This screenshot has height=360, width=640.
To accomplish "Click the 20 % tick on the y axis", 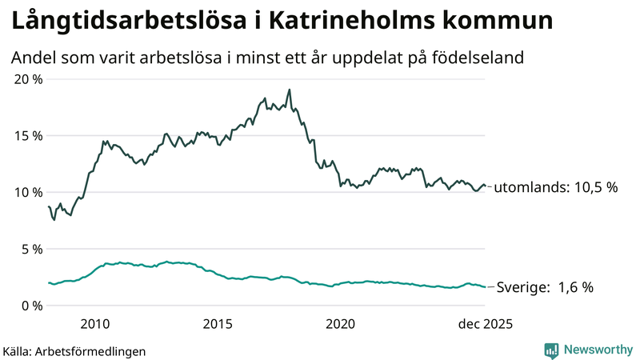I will tap(28, 79).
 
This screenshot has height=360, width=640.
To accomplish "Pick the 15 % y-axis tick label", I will tap(28, 135).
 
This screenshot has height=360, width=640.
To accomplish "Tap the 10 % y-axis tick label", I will tap(28, 192).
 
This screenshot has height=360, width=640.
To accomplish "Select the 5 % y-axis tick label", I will tap(31, 249).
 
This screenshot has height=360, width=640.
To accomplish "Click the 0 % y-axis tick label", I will tap(31, 306).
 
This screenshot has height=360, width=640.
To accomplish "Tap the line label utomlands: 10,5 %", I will tap(556, 188).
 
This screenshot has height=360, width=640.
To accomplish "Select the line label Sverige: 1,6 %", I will tap(545, 287).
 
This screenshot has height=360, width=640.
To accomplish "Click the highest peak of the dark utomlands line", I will tap(289, 90).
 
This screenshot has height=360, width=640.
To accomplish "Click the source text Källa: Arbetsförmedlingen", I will tap(75, 350).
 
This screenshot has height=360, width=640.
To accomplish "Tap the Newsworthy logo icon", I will tap(551, 350).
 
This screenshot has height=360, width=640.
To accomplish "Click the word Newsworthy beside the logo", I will tap(597, 350).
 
